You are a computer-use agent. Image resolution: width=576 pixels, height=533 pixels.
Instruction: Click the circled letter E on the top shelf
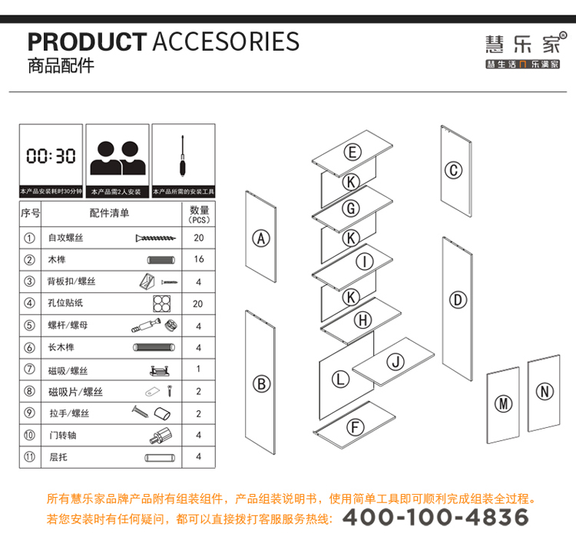tap(353, 152)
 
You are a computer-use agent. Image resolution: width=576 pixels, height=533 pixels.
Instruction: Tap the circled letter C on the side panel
tap(453, 170)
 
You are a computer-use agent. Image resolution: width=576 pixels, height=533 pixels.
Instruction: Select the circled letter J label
tap(396, 362)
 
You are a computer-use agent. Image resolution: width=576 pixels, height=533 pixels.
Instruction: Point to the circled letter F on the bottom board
tap(356, 427)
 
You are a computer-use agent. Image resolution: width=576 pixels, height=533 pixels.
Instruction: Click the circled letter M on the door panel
tap(503, 403)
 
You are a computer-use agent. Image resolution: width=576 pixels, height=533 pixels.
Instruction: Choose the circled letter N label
tap(545, 391)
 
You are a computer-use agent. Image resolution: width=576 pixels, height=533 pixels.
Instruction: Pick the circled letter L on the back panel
tap(340, 379)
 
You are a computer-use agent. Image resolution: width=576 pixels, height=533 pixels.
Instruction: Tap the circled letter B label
tap(262, 384)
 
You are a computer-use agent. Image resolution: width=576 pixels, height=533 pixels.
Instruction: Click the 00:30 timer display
tap(51, 156)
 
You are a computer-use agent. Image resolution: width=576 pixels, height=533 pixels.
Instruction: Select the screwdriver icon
tap(182, 156)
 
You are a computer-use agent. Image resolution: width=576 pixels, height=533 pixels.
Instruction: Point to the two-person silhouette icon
tap(118, 158)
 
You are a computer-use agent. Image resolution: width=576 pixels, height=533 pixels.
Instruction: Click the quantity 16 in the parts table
tap(199, 259)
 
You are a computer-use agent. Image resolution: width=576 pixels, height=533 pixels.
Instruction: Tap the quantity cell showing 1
tap(198, 369)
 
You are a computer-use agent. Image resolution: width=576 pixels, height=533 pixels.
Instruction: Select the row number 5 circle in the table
tap(29, 325)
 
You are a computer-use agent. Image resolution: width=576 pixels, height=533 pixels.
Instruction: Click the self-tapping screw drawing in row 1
tap(156, 239)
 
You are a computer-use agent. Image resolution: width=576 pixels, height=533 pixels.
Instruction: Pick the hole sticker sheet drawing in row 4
tap(161, 304)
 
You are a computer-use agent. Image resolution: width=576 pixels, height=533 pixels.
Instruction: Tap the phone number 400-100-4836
tap(435, 517)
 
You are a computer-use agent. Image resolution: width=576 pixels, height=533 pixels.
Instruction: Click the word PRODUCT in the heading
tap(87, 42)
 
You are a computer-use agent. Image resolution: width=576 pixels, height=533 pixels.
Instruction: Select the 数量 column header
tap(200, 210)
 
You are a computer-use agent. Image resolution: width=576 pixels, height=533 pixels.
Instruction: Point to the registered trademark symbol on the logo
tap(563, 35)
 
